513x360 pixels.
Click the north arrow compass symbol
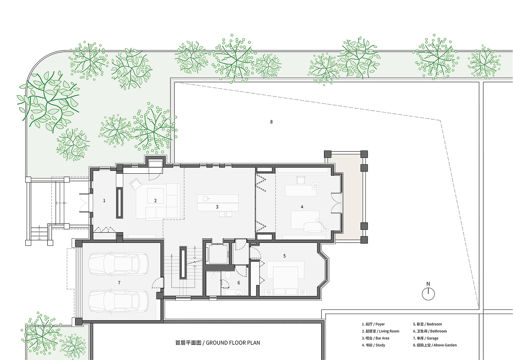[428, 294]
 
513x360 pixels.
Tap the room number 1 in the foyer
[104, 201]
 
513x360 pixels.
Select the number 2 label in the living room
[155, 201]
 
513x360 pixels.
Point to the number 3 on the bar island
[217, 207]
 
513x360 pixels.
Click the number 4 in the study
[302, 207]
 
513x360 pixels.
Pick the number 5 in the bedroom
[284, 256]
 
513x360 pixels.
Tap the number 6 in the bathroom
[239, 283]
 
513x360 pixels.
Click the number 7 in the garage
[119, 283]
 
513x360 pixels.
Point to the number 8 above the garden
[271, 122]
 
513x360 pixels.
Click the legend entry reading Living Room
[380, 331]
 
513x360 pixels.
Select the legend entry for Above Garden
[435, 345]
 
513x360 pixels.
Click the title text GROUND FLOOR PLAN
[233, 343]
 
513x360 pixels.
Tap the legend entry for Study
[373, 345]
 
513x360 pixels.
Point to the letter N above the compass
[428, 284]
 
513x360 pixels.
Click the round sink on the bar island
[206, 198]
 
